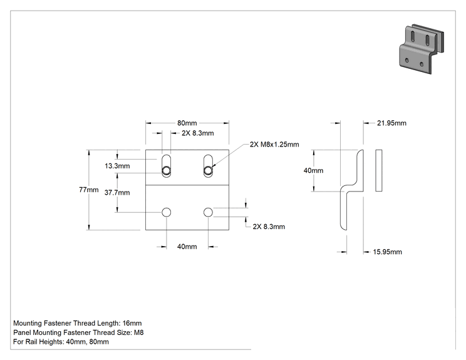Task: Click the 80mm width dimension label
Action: tap(187, 123)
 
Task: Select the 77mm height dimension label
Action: tap(88, 190)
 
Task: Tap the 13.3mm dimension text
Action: tap(117, 166)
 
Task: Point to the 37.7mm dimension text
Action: tap(117, 192)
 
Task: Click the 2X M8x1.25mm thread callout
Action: tap(274, 145)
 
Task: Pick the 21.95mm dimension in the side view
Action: tap(391, 123)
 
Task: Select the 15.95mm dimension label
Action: tap(387, 252)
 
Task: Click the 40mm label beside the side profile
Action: tap(313, 170)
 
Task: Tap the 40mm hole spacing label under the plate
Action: tap(187, 247)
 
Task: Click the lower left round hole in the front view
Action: tap(166, 212)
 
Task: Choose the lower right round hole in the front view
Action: tap(208, 212)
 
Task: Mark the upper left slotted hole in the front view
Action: tap(166, 166)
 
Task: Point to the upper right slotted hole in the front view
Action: tap(208, 166)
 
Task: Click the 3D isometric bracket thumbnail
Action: tap(421, 49)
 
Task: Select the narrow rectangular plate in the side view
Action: tap(378, 170)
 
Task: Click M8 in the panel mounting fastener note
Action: tap(139, 332)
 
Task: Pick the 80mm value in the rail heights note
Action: tap(99, 342)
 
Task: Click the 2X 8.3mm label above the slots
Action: tap(198, 133)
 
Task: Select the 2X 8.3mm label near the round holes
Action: tap(269, 227)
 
